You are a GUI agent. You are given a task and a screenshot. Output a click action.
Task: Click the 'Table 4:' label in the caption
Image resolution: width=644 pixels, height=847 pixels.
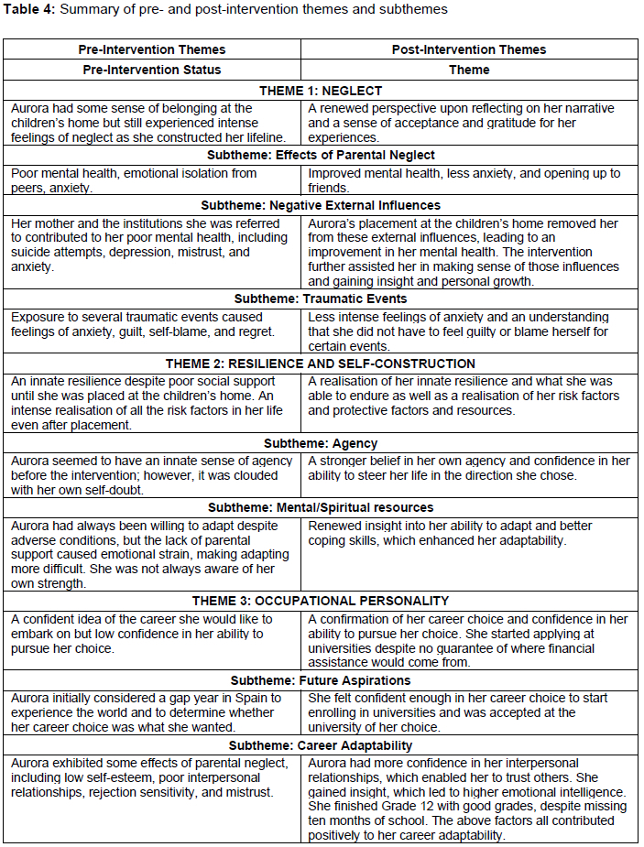click(30, 9)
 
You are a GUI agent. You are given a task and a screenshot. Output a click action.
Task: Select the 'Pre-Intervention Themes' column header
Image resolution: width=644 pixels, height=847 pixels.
click(152, 49)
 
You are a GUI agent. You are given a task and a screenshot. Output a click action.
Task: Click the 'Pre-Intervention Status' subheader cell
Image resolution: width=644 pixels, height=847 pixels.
click(152, 70)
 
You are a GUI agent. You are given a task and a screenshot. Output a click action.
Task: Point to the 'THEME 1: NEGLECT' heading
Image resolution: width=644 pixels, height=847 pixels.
click(321, 91)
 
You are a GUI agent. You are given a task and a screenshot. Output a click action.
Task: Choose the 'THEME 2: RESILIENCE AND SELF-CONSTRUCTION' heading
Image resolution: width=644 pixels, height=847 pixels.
click(321, 364)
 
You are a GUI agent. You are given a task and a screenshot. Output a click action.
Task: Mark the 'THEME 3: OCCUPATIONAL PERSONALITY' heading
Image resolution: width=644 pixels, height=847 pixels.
click(321, 601)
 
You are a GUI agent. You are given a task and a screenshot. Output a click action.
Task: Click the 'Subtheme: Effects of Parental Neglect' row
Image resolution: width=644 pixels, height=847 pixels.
click(321, 155)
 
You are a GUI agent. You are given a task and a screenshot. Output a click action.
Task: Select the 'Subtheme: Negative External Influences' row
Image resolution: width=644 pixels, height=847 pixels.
click(321, 205)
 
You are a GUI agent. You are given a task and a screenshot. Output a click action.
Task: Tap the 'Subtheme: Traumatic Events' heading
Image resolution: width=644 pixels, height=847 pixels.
click(321, 299)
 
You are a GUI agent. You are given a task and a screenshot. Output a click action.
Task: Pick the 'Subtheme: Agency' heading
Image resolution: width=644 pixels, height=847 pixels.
click(321, 443)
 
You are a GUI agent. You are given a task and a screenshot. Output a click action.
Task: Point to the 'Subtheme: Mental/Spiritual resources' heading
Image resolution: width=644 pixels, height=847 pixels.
click(321, 507)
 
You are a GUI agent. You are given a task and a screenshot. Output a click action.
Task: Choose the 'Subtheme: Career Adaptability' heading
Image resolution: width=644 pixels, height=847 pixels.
click(321, 745)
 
